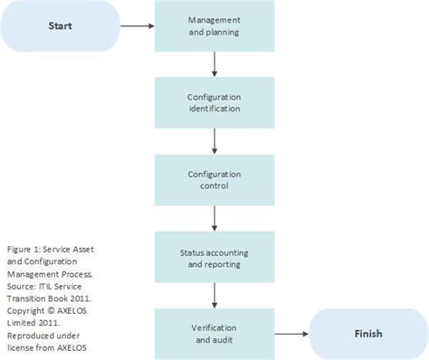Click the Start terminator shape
pyautogui.click(x=61, y=25)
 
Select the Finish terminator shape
pyautogui.click(x=367, y=334)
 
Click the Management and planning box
pyautogui.click(x=214, y=25)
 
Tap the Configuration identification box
pyautogui.click(x=214, y=101)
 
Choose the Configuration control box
pyautogui.click(x=214, y=179)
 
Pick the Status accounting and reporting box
pyautogui.click(x=214, y=257)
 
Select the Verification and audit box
pyautogui.click(x=214, y=334)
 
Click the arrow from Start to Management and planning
pyautogui.click(x=138, y=26)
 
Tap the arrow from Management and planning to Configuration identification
pyautogui.click(x=214, y=63)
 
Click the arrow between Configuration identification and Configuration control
pyautogui.click(x=214, y=140)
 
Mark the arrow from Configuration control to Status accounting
pyautogui.click(x=214, y=218)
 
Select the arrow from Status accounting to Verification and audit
pyautogui.click(x=214, y=295)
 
